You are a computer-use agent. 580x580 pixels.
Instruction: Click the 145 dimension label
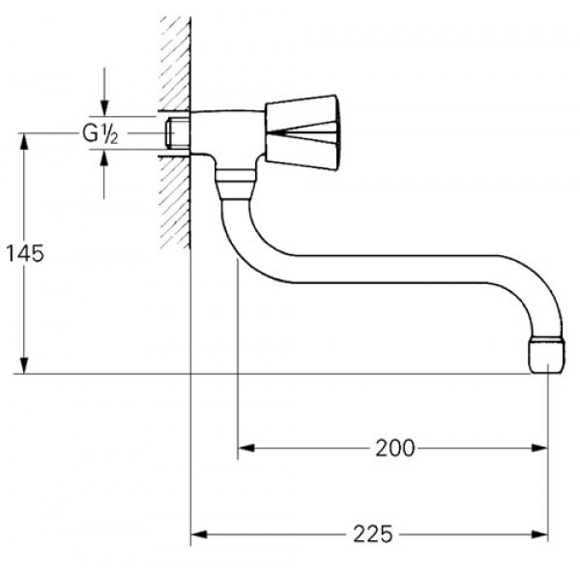[x=25, y=253]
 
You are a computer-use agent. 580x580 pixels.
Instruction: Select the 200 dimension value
[x=395, y=449]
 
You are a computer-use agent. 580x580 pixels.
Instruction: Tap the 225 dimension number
[x=372, y=535]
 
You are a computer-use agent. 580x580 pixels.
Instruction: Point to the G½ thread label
[x=100, y=133]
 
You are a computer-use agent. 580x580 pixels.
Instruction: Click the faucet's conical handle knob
[x=302, y=132]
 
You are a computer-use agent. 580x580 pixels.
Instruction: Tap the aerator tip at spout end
[x=547, y=355]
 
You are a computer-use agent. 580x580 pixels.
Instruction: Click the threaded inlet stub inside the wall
[x=178, y=133]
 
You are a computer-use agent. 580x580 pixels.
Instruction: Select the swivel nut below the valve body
[x=235, y=185]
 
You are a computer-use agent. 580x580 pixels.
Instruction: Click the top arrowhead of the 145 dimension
[x=24, y=141]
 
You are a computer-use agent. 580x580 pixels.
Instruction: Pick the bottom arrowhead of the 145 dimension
[x=24, y=365]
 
